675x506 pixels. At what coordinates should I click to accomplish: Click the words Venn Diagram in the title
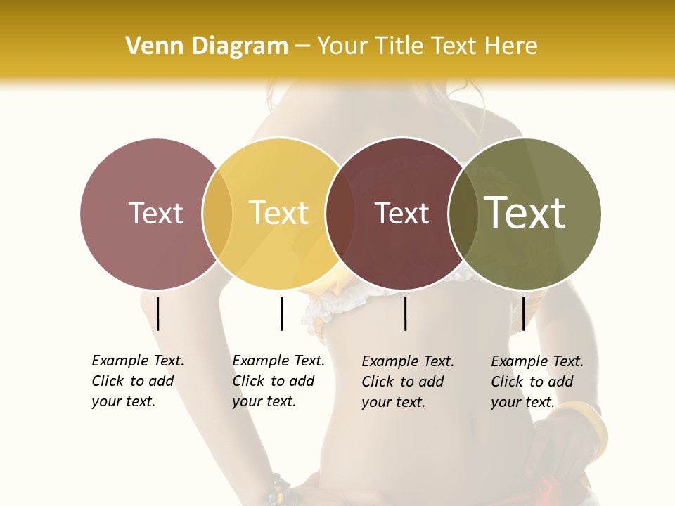(206, 46)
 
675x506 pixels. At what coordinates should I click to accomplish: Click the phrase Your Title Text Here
(427, 46)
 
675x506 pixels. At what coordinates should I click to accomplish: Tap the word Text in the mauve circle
(155, 213)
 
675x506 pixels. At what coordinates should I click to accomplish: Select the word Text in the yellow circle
(278, 213)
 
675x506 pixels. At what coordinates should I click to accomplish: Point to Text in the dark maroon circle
(401, 214)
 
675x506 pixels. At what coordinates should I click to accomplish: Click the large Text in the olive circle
(525, 213)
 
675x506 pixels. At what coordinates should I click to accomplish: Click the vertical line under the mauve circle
(158, 313)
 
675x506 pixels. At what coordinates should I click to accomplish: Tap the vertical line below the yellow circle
(281, 313)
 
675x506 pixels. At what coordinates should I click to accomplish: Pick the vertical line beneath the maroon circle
(406, 313)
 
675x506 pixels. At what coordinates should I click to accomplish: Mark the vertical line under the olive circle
(523, 313)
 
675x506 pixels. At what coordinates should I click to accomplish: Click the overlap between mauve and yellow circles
(217, 213)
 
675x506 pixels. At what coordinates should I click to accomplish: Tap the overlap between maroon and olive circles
(463, 213)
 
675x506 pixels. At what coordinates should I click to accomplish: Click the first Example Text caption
(137, 381)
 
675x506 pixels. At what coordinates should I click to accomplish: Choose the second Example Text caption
(278, 381)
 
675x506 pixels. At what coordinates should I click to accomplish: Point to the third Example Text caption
(407, 382)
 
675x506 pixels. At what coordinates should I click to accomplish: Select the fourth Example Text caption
(536, 382)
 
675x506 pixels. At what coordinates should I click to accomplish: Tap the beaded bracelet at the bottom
(281, 490)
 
